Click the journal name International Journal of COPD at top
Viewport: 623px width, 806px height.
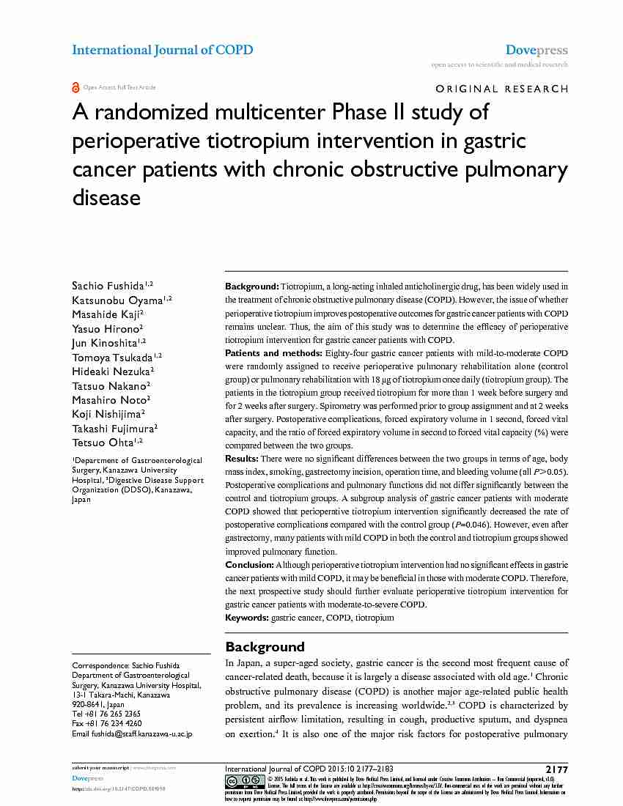pos(162,51)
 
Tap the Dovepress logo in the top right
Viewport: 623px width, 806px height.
pos(537,51)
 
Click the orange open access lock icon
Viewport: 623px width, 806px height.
pos(75,87)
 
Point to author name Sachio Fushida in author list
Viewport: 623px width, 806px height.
pos(108,285)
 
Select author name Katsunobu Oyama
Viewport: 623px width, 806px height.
pos(117,300)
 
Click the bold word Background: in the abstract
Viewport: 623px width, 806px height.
pos(251,286)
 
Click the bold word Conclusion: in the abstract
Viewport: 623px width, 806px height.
pos(249,565)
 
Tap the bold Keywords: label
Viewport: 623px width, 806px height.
pos(247,618)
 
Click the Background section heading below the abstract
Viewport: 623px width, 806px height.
pos(265,647)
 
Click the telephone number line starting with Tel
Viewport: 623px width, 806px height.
pos(106,714)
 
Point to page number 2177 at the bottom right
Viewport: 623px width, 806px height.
pos(556,769)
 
